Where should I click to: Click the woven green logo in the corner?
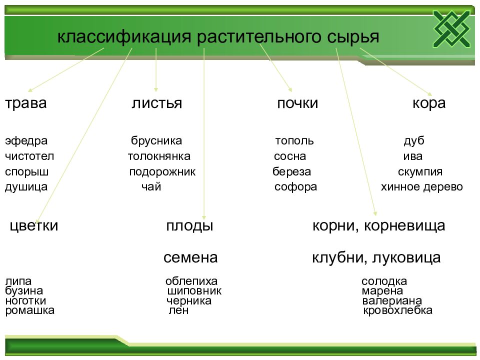point(452,29)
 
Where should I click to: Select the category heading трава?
point(26,103)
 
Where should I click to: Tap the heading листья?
point(156,103)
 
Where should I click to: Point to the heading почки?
point(297,103)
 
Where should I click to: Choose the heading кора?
point(429,103)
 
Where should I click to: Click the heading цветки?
point(34,226)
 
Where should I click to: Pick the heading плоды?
point(189,226)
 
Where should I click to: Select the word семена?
point(190,258)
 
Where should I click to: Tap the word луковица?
point(406,258)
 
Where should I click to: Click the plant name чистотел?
point(29,156)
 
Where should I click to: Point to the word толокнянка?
point(159,156)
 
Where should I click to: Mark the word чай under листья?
point(151,186)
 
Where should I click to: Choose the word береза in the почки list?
point(291,171)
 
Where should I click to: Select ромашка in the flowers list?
point(30,310)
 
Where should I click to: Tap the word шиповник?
point(194,291)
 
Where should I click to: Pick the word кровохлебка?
point(397,310)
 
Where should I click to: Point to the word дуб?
point(414,141)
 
